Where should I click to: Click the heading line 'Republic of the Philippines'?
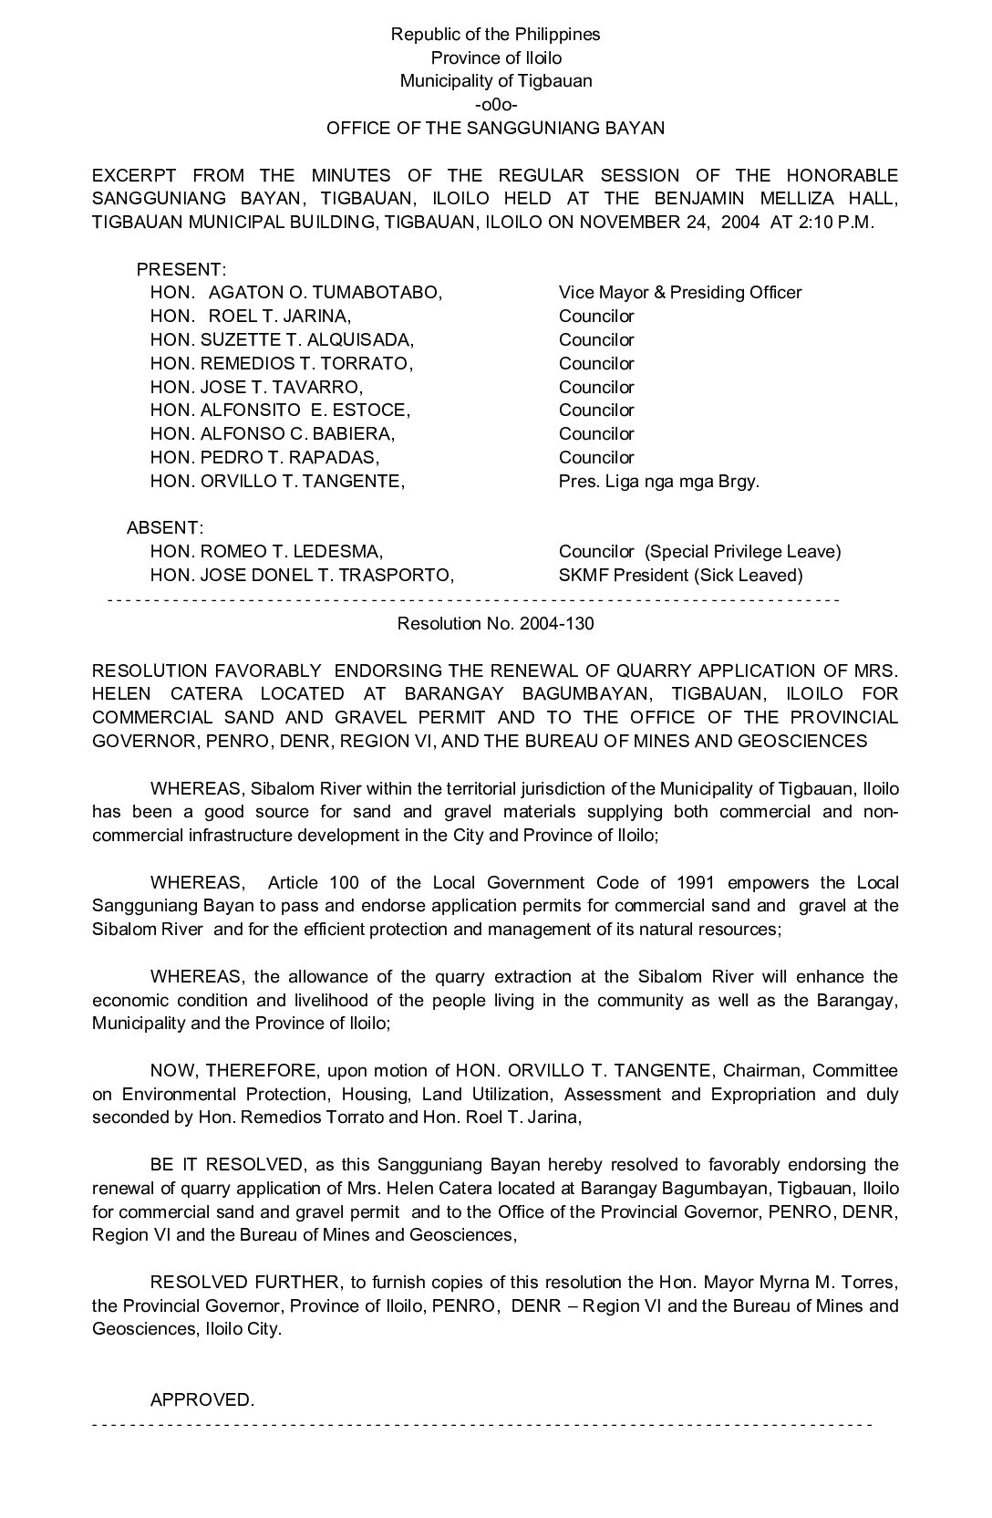[x=495, y=35]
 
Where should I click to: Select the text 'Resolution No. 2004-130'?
[x=495, y=623]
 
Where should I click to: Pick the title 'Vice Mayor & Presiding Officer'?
[x=680, y=293]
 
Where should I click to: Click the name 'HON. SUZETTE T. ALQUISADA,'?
[x=282, y=340]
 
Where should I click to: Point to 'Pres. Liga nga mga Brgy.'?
[x=658, y=481]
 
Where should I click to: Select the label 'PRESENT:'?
[x=181, y=270]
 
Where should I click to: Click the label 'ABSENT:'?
[x=164, y=528]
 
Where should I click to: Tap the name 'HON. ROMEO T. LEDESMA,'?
[x=266, y=552]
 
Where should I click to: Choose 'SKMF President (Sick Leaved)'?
[x=680, y=576]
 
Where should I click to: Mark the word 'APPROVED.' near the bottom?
[x=202, y=1399]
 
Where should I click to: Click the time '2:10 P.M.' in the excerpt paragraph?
[x=835, y=223]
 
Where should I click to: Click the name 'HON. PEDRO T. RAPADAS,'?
[x=264, y=458]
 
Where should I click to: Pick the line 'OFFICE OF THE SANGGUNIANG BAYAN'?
[x=495, y=129]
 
